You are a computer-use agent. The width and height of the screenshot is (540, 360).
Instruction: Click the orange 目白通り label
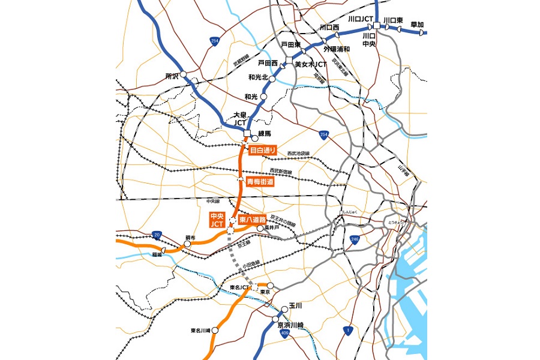[262, 151]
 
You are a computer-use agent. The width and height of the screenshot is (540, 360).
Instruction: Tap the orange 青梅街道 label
[259, 181]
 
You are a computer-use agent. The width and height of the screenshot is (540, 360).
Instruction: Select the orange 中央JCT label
[216, 220]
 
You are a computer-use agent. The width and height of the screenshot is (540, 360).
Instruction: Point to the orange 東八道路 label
[253, 220]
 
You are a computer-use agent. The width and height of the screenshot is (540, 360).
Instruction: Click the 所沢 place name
[172, 76]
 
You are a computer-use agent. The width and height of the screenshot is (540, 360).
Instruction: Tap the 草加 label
[417, 25]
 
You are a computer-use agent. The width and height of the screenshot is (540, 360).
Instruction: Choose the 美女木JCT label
[314, 64]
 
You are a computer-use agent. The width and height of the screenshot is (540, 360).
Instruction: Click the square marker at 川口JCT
[376, 26]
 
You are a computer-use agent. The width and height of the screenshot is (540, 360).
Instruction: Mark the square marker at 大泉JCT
[247, 133]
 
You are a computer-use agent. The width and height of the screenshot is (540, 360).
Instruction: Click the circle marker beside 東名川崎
[214, 330]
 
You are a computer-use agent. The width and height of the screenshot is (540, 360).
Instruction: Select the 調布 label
[190, 238]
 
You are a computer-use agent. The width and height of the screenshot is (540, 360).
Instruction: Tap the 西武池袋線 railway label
[298, 154]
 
